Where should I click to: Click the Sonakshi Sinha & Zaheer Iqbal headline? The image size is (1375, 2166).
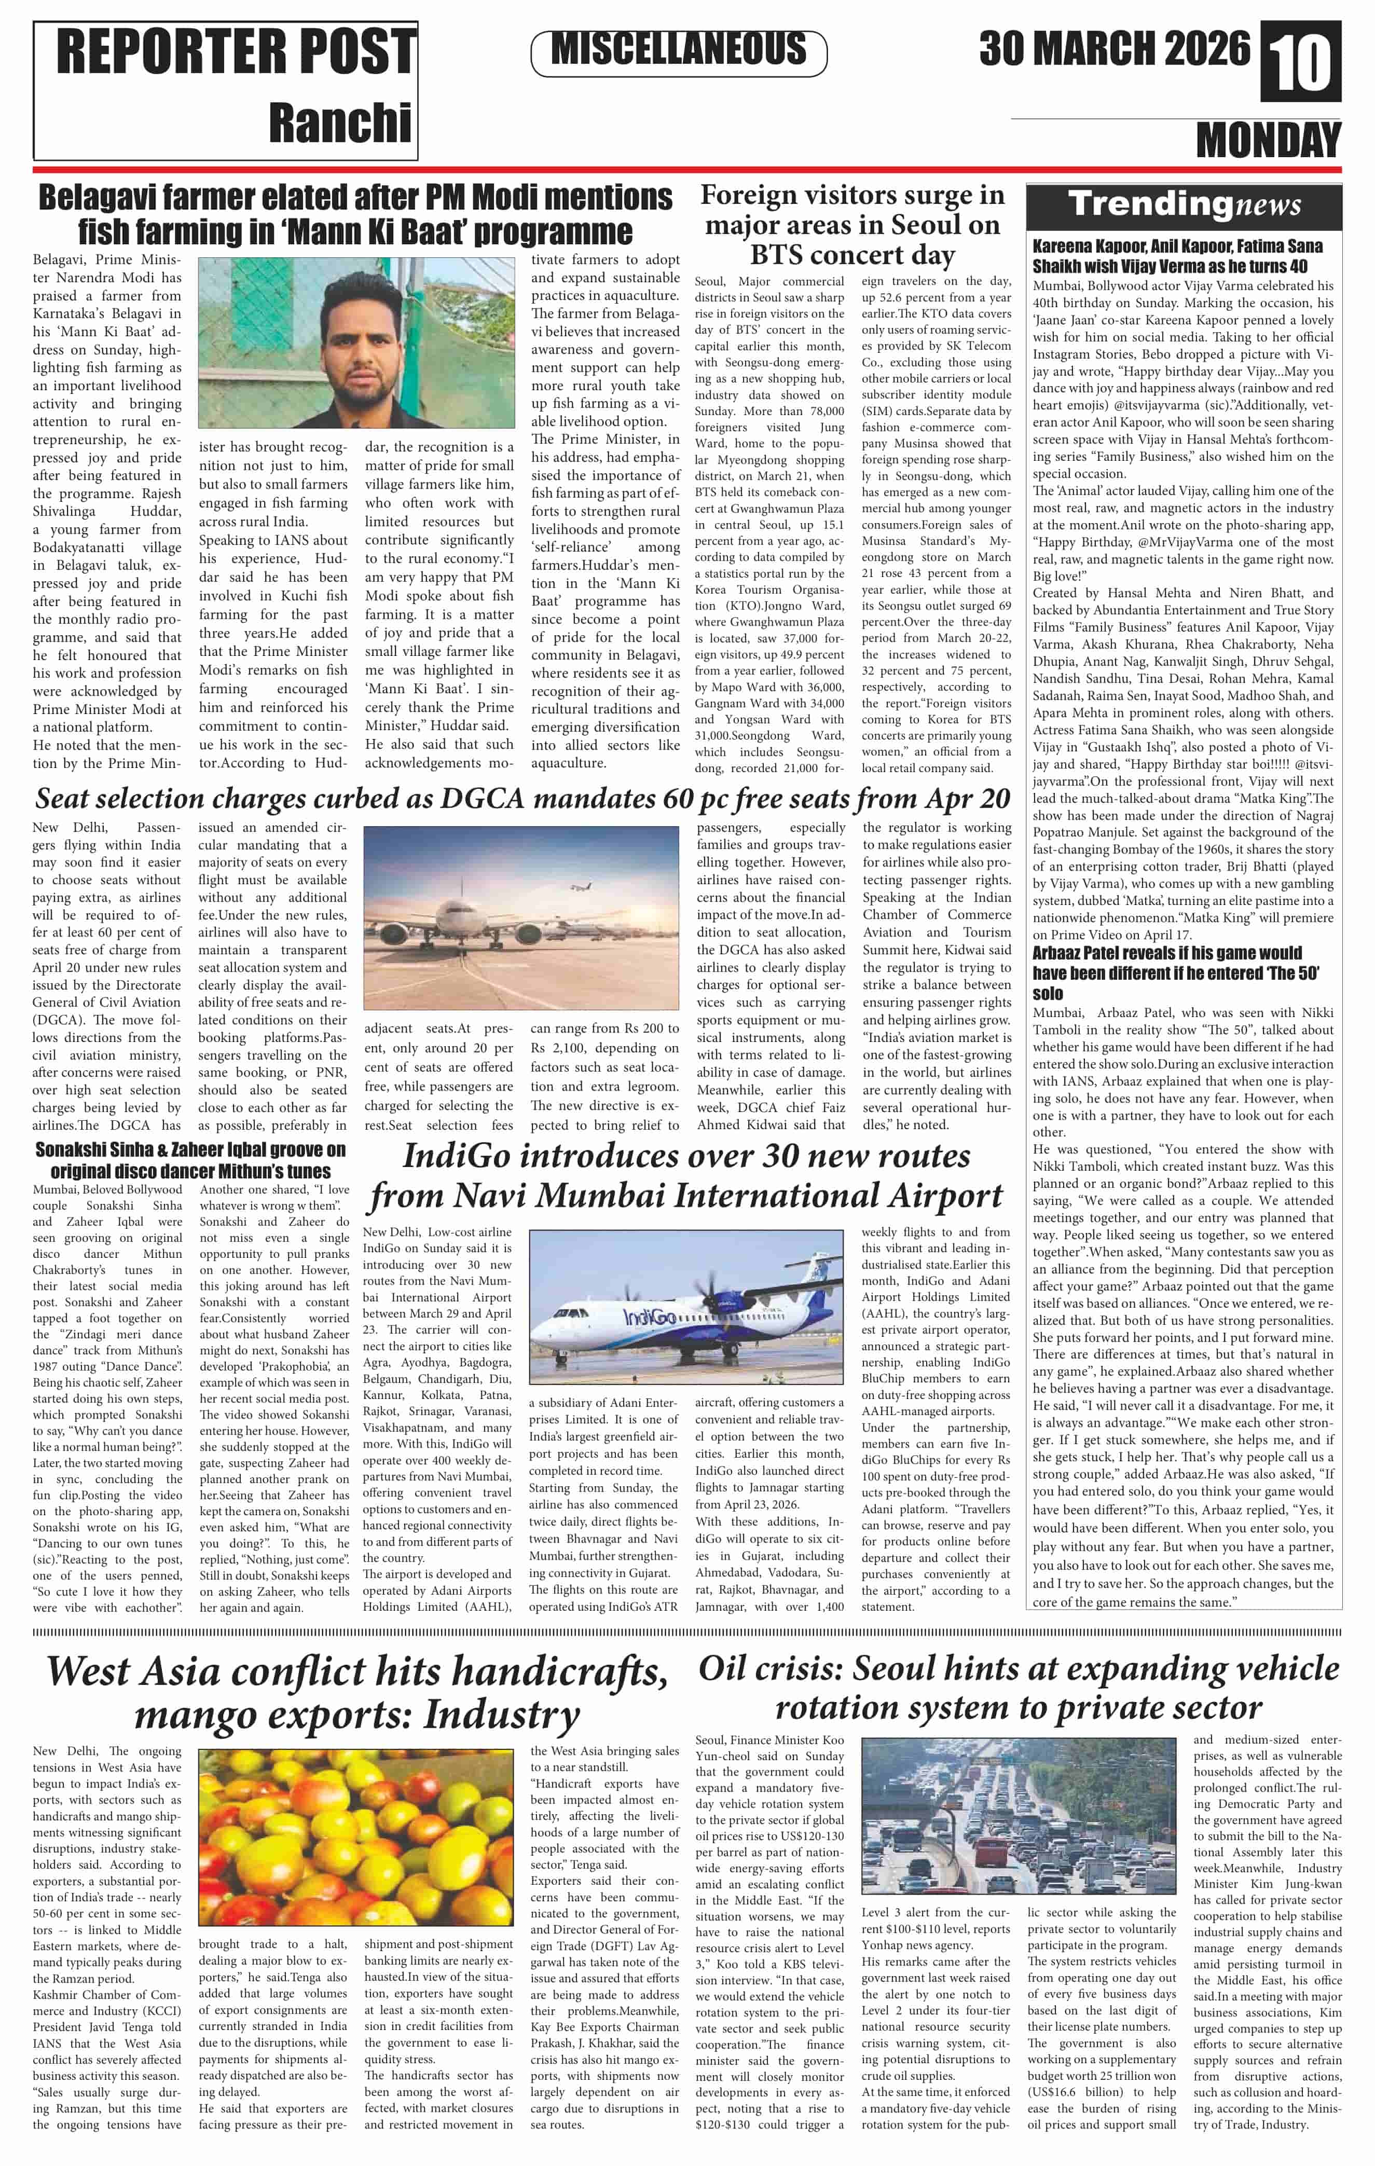[x=190, y=1160]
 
